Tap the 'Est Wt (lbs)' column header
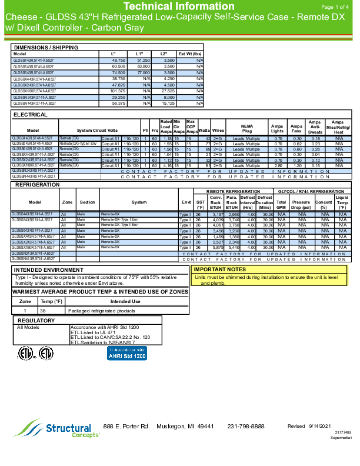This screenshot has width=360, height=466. (x=191, y=54)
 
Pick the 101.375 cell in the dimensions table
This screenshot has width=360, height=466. (x=118, y=91)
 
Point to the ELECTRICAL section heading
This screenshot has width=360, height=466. (x=31, y=114)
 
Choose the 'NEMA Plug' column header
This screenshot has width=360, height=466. (x=246, y=128)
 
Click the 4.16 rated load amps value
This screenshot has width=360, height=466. (x=167, y=166)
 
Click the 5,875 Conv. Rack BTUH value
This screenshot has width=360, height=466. (x=216, y=247)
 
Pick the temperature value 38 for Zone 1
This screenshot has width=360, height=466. (x=42, y=310)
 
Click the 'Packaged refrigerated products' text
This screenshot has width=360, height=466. (x=94, y=310)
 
